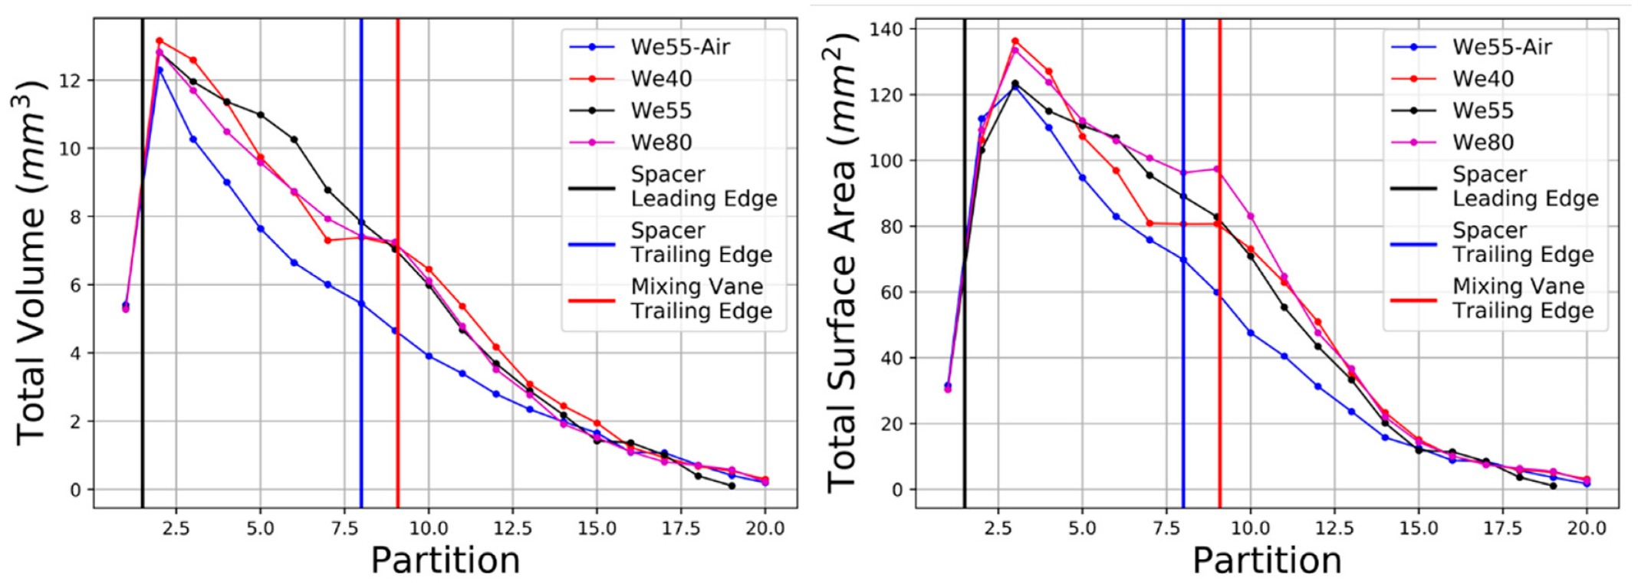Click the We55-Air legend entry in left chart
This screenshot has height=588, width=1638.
pyautogui.click(x=679, y=48)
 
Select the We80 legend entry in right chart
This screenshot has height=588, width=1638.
pyautogui.click(x=1482, y=143)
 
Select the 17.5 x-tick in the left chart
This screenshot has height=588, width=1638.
pyautogui.click(x=680, y=528)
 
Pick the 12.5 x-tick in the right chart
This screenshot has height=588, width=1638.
pyautogui.click(x=1334, y=528)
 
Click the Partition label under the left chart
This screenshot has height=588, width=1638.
pyautogui.click(x=445, y=560)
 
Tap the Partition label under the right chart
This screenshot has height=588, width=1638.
pyautogui.click(x=1267, y=560)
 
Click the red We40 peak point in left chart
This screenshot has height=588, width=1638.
pyautogui.click(x=160, y=41)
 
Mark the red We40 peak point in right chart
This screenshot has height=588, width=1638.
pyautogui.click(x=1015, y=41)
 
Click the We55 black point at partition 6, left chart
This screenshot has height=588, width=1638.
pyautogui.click(x=294, y=140)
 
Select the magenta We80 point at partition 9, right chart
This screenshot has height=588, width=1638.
pyautogui.click(x=1217, y=169)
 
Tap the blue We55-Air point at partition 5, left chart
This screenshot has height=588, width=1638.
pyautogui.click(x=261, y=228)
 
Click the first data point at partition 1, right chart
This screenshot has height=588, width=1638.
pyautogui.click(x=948, y=387)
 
